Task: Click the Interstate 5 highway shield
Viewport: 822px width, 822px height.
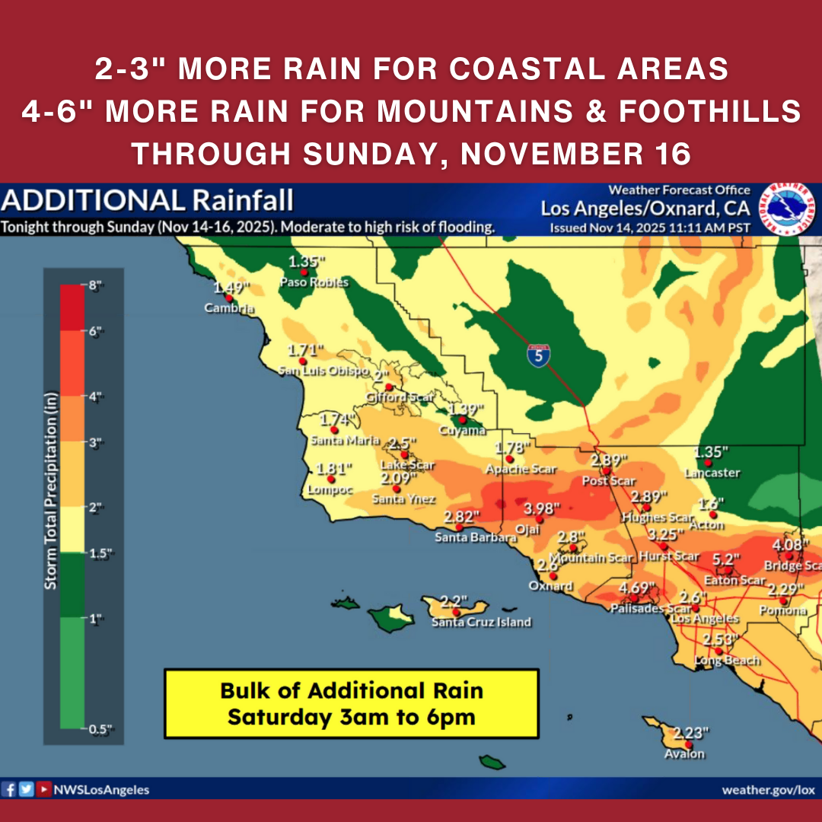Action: pyautogui.click(x=538, y=355)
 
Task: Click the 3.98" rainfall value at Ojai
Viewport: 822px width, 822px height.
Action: pyautogui.click(x=542, y=508)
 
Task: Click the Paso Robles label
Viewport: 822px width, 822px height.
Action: pyautogui.click(x=314, y=282)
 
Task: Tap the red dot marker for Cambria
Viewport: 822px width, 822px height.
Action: pyautogui.click(x=228, y=298)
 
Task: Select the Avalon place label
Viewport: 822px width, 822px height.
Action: pyautogui.click(x=685, y=754)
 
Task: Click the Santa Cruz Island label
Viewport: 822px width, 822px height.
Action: pyautogui.click(x=481, y=622)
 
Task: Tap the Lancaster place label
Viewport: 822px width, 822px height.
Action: pyautogui.click(x=712, y=473)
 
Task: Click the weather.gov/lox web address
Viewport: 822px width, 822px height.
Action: pyautogui.click(x=768, y=790)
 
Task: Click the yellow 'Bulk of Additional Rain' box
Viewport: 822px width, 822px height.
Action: pyautogui.click(x=351, y=704)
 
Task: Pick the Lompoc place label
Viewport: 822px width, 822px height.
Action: pyautogui.click(x=330, y=490)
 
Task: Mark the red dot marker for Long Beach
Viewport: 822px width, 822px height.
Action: pyautogui.click(x=717, y=652)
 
